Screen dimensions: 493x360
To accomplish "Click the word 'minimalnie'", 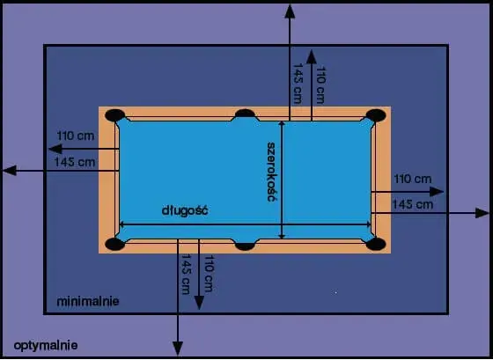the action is [88, 302].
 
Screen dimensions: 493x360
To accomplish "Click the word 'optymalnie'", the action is [46, 346].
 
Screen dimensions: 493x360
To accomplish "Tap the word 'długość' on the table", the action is [185, 210].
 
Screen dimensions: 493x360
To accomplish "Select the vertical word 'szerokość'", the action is [271, 172].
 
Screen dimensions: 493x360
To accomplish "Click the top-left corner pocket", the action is [114, 115].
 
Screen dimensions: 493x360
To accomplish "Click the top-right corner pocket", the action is [376, 115].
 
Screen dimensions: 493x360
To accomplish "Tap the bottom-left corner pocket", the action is [114, 244].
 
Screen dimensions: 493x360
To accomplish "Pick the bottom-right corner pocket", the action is [376, 244].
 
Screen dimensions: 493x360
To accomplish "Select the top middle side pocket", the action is [246, 114].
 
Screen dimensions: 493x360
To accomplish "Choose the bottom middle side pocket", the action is [246, 246].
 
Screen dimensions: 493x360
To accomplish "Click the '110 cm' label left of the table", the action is [76, 136].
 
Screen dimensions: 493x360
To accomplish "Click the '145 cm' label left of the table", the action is [75, 162].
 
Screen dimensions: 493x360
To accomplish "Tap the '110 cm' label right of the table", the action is [413, 179].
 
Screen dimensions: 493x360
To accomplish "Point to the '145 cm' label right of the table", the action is [413, 205].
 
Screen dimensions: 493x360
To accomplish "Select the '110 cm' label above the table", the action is [320, 84].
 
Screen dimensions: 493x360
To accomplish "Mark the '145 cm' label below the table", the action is [186, 274].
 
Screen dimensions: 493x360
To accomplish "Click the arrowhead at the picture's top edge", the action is [290, 11].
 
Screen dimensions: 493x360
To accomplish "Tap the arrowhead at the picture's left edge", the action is [10, 171].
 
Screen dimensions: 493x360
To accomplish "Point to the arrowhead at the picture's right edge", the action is [482, 213].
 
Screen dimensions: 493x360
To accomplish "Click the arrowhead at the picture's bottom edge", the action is [178, 349].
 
